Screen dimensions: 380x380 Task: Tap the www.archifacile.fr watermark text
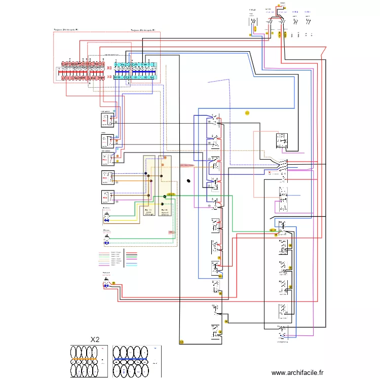(x=297, y=372)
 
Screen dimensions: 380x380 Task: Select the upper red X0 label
(x=109, y=68)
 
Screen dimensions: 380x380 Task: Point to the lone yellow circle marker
(x=247, y=113)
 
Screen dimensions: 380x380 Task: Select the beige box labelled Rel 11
(x=149, y=185)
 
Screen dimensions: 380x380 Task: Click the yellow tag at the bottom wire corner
(x=181, y=343)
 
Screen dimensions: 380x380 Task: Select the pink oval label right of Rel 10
(x=187, y=165)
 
